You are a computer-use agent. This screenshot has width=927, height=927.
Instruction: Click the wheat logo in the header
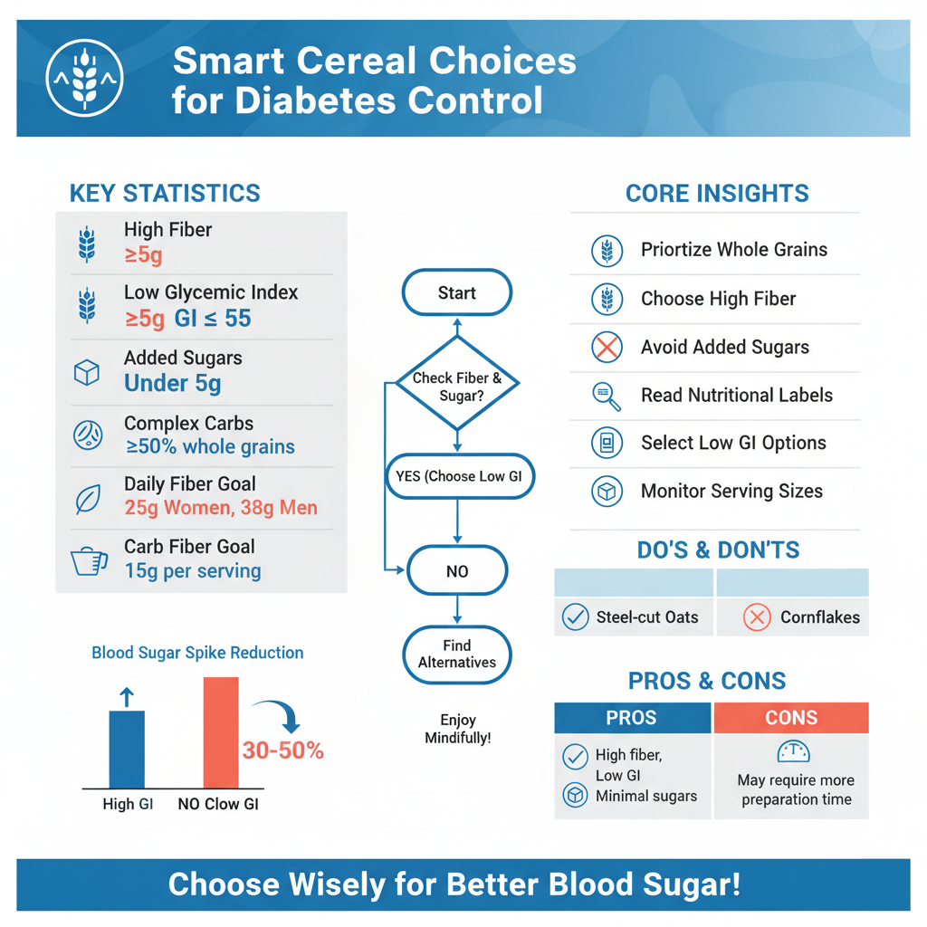(x=84, y=78)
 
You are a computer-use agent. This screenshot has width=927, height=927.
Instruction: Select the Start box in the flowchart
(x=456, y=292)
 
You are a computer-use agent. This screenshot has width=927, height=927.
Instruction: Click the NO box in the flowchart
(x=457, y=571)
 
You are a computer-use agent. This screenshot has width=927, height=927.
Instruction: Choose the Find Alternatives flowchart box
(x=457, y=655)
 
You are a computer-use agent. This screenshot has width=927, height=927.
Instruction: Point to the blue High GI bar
(x=127, y=749)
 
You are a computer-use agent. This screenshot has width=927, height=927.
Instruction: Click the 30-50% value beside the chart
(x=282, y=750)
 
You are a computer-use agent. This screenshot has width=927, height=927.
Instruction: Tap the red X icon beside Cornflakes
(x=757, y=617)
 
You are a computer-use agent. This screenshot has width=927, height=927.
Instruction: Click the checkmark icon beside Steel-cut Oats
(x=575, y=617)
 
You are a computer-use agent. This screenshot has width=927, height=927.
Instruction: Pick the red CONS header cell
(x=791, y=718)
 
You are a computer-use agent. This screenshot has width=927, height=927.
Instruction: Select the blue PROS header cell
(x=632, y=718)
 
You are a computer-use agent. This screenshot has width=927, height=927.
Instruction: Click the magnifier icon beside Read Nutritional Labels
(x=606, y=396)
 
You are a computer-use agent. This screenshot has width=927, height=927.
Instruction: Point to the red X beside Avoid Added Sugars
(x=607, y=347)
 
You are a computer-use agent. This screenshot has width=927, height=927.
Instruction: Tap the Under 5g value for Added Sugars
(x=172, y=383)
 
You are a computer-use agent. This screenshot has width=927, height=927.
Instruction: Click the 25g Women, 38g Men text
(x=221, y=508)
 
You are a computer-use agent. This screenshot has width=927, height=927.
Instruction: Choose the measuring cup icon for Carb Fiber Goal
(x=88, y=560)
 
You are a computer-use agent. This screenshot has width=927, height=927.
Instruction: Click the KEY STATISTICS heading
(x=165, y=193)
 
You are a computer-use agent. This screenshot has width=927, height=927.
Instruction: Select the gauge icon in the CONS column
(x=793, y=751)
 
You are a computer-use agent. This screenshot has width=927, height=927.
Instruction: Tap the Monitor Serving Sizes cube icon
(x=606, y=492)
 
